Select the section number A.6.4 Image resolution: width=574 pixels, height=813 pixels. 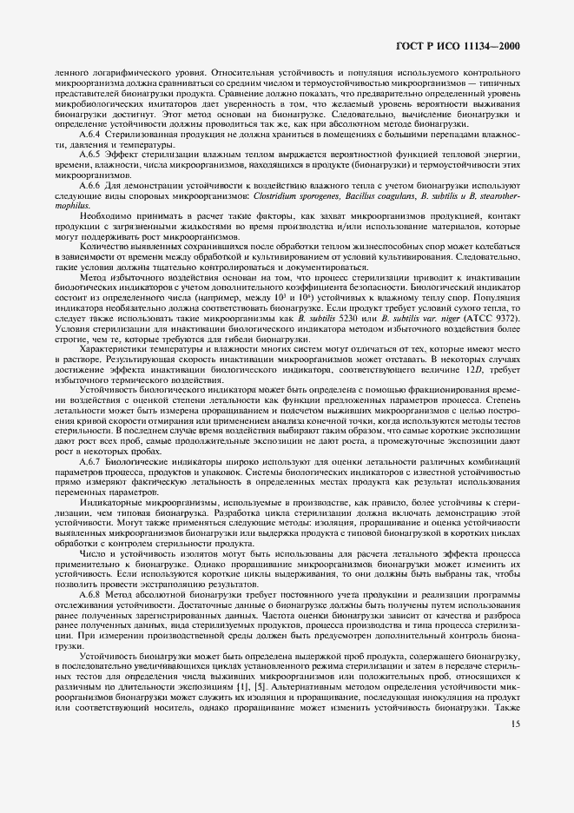[x=90, y=134]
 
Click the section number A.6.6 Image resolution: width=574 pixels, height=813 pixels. [x=90, y=186]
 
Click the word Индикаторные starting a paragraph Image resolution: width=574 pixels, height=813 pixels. [x=111, y=501]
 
